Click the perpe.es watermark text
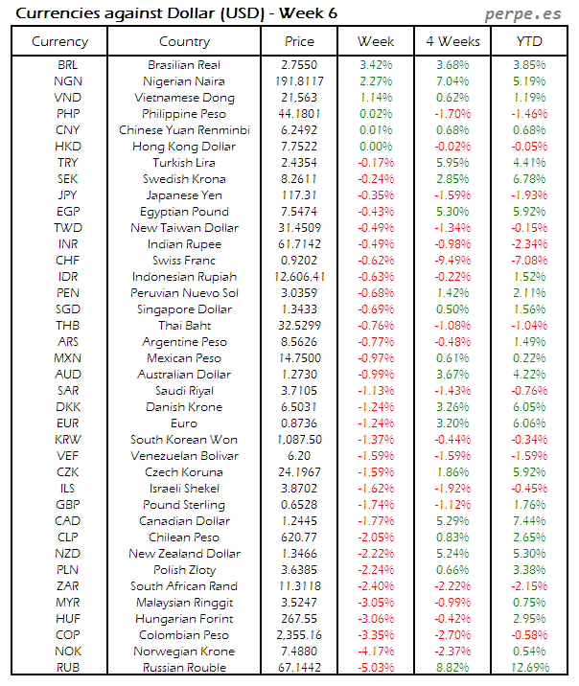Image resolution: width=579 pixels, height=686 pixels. (x=523, y=13)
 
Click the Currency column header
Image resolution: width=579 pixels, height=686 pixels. (x=59, y=41)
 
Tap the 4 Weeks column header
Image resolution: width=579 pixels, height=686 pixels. (x=452, y=41)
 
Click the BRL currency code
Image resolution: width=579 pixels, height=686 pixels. (x=68, y=64)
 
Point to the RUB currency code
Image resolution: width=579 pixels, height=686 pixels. (x=68, y=667)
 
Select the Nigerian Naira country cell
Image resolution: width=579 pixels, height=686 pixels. (x=184, y=80)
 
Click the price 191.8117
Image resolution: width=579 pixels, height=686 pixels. (x=299, y=80)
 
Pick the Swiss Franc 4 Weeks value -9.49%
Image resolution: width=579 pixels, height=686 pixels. (x=452, y=260)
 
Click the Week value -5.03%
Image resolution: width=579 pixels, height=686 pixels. (x=376, y=667)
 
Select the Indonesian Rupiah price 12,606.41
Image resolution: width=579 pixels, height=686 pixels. (x=299, y=276)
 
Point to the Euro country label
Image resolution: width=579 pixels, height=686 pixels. (x=184, y=423)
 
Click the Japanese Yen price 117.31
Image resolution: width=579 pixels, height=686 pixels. (x=299, y=194)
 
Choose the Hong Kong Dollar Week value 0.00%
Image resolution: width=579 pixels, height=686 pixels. (x=376, y=146)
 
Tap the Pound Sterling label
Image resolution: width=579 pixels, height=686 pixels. (x=184, y=504)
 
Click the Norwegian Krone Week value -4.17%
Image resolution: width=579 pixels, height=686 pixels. (x=376, y=651)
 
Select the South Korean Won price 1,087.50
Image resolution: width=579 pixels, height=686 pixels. (x=299, y=439)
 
